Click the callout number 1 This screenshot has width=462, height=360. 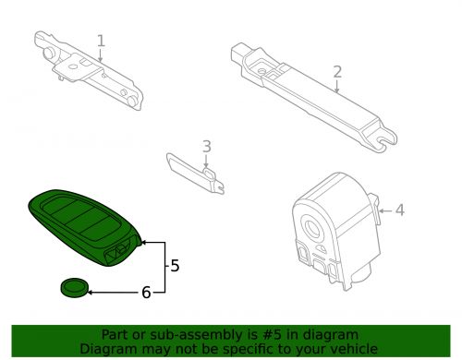(101, 41)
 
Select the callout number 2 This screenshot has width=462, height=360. (337, 71)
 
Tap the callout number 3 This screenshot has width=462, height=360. (206, 146)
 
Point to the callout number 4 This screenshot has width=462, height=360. (399, 210)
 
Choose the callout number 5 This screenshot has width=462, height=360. (175, 266)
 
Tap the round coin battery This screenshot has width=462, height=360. (73, 288)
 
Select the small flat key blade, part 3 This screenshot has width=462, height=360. (195, 171)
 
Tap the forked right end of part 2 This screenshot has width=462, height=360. (382, 140)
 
